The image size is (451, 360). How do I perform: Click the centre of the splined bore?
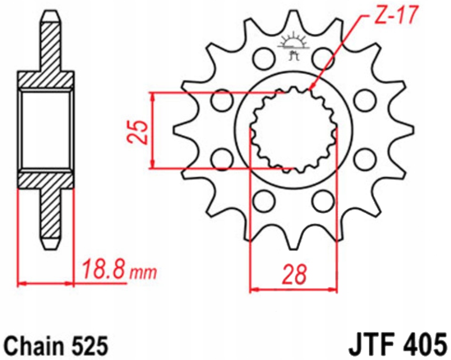(294, 130)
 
